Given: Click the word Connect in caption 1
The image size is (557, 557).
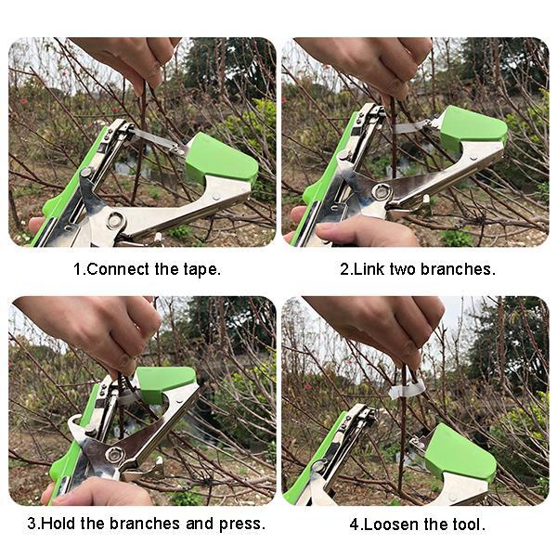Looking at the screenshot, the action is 118,269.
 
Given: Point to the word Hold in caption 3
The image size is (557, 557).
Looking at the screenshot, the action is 58,524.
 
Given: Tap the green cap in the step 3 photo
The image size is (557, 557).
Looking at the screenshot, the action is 165,382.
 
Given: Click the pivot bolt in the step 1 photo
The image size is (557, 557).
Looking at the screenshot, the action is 115,221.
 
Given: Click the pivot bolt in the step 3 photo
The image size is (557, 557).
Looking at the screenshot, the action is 115,455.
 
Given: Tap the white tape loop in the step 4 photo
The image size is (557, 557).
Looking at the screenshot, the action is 407,391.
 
